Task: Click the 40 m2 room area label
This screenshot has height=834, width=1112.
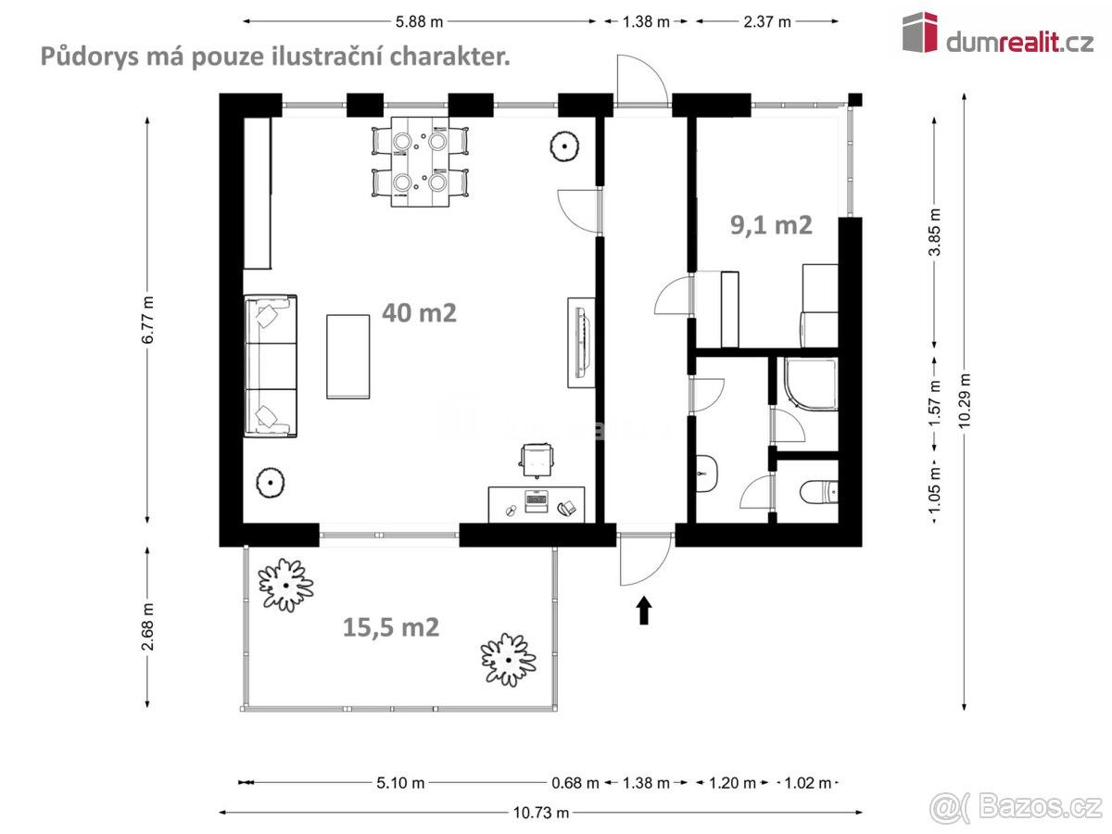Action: (x=419, y=313)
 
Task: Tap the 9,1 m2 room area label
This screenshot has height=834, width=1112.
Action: (x=771, y=224)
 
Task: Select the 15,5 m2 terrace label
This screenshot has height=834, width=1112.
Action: (x=391, y=627)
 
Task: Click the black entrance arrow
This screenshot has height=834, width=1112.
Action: (x=644, y=611)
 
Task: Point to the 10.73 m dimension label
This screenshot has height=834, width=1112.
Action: (x=541, y=813)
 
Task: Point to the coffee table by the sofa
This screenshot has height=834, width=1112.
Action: (x=348, y=356)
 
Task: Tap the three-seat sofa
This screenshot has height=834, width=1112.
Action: (x=271, y=365)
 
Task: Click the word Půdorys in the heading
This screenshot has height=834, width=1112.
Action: (x=80, y=57)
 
